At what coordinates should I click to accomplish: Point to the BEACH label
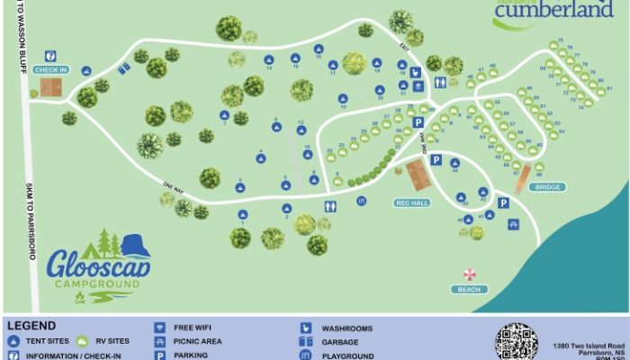pyautogui.click(x=470, y=290)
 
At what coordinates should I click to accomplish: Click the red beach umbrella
pyautogui.click(x=469, y=274)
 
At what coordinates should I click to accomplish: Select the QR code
pyautogui.click(x=516, y=342)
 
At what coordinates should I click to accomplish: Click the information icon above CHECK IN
pyautogui.click(x=49, y=55)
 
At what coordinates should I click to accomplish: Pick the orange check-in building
pyautogui.click(x=50, y=87)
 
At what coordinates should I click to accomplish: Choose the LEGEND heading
pyautogui.click(x=31, y=326)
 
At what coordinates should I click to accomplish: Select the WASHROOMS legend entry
pyautogui.click(x=346, y=328)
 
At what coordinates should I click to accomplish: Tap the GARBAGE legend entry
pyautogui.click(x=339, y=342)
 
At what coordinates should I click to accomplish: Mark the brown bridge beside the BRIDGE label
pyautogui.click(x=523, y=175)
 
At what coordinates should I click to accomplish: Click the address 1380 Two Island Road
pyautogui.click(x=589, y=346)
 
